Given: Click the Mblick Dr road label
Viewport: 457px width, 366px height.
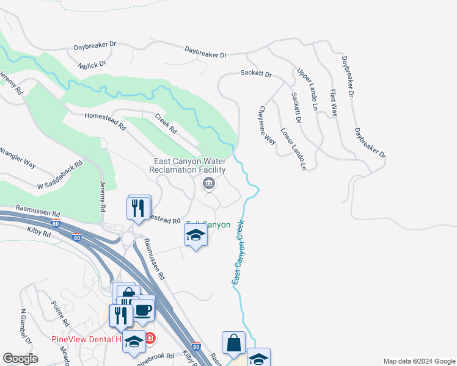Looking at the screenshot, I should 92,64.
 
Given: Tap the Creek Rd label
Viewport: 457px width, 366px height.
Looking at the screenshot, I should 166,124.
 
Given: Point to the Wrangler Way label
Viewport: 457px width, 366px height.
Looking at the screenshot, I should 17,158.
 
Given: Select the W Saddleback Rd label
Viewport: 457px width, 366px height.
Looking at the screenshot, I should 59,176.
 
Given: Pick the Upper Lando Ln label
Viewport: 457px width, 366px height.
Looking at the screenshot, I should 308,90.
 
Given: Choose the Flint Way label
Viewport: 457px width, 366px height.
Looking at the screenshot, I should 334,102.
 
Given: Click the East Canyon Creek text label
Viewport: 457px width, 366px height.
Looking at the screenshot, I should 238,252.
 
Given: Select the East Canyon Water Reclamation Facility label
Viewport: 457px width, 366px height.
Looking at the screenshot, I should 190,165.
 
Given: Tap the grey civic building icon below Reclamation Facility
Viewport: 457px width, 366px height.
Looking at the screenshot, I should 209,182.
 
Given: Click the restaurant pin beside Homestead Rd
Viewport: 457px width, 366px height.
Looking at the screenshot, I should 139,209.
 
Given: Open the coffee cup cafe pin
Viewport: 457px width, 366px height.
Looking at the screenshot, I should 143,309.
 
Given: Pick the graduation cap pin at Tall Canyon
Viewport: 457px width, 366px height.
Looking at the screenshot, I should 196,235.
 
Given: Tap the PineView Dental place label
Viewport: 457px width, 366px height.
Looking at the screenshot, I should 86,339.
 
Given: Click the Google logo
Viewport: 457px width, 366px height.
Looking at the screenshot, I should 21,359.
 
